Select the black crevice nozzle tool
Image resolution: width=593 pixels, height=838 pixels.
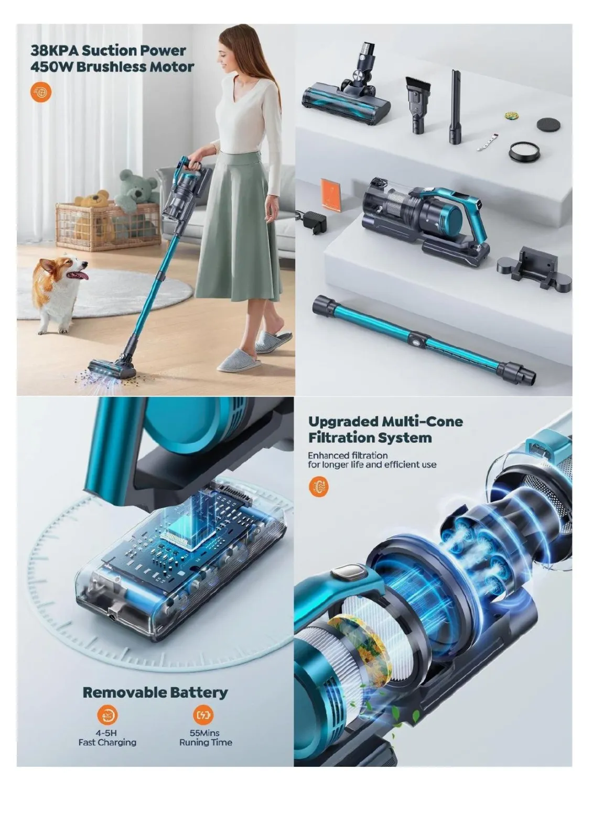pyautogui.click(x=454, y=108)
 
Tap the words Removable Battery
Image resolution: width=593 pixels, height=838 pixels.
pyautogui.click(x=155, y=692)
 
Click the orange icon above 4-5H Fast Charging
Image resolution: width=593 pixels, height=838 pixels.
pyautogui.click(x=107, y=714)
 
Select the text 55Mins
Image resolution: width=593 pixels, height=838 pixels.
pyautogui.click(x=204, y=733)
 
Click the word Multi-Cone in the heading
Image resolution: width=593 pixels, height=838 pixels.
pyautogui.click(x=422, y=421)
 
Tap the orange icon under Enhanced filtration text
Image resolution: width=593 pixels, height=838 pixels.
pyautogui.click(x=318, y=487)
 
